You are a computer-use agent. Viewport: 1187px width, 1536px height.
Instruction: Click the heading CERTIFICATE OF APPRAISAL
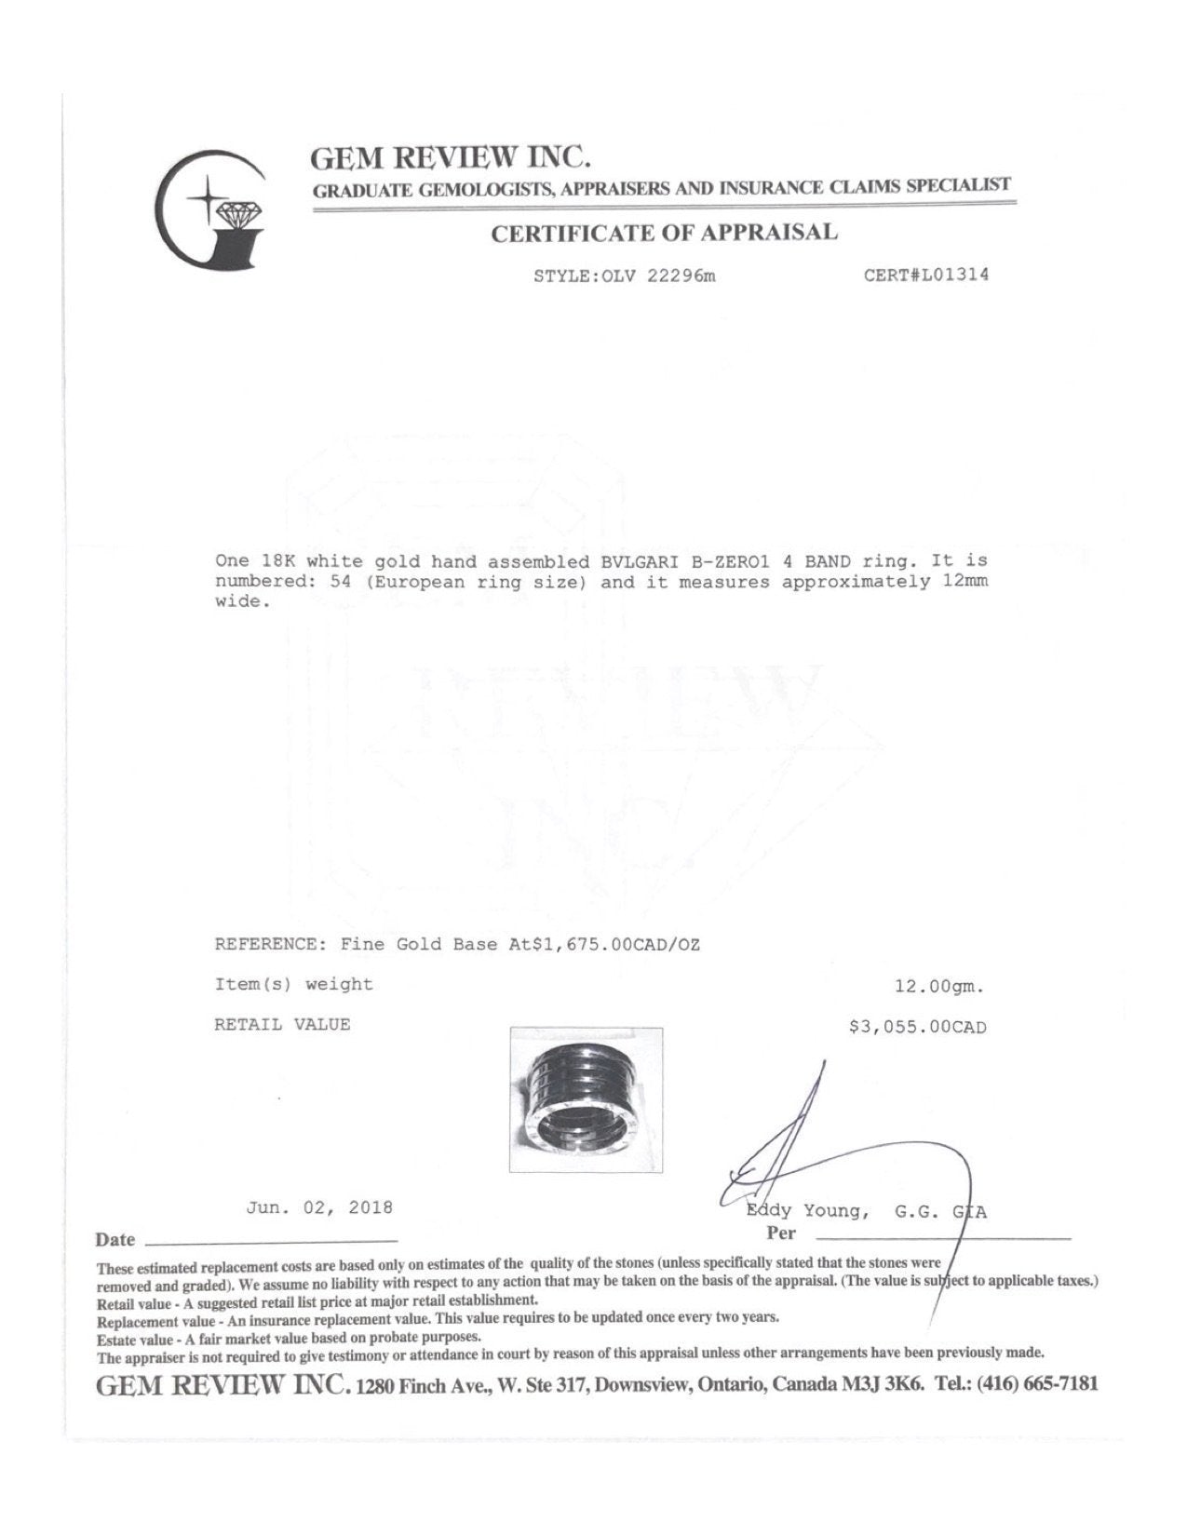click(664, 233)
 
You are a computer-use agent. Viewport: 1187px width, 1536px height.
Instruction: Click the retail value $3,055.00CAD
click(917, 1027)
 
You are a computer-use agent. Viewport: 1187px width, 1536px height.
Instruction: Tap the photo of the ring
click(587, 1099)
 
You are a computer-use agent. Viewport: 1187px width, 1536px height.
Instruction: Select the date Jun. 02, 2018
click(319, 1207)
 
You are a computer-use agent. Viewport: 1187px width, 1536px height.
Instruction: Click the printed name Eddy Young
click(807, 1211)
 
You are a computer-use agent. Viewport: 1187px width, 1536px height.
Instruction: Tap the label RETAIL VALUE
click(282, 1025)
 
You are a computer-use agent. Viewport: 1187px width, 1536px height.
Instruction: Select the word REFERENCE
click(265, 944)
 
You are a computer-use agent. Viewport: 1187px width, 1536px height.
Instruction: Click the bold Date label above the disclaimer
click(115, 1240)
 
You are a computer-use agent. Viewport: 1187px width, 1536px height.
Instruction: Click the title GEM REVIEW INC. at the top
click(452, 156)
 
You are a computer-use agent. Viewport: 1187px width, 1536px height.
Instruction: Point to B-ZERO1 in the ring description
click(715, 561)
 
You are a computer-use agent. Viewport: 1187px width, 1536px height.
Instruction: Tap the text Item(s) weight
click(293, 984)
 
